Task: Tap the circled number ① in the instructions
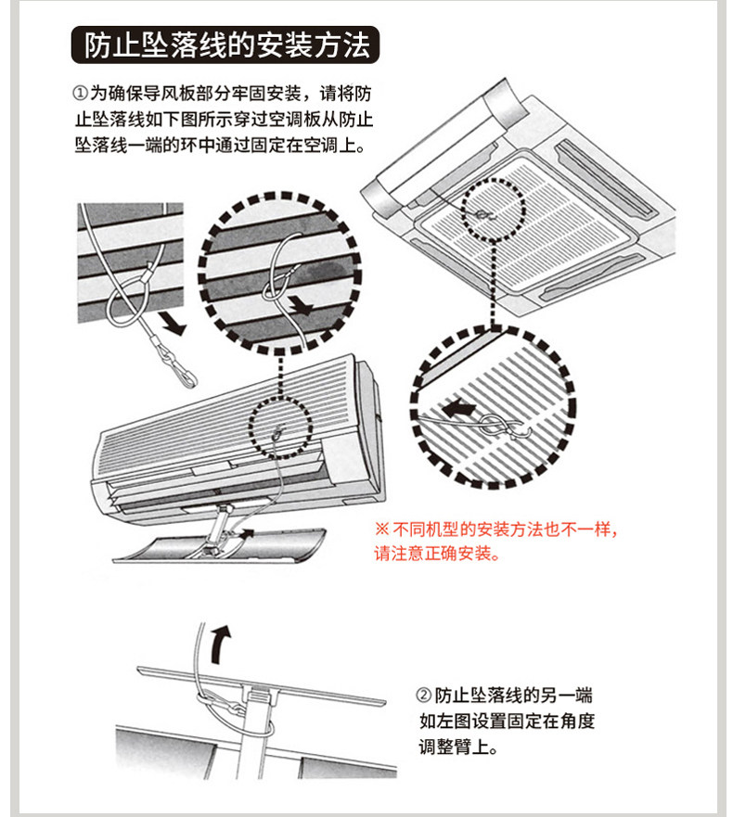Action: click(78, 95)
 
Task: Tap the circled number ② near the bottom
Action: click(423, 696)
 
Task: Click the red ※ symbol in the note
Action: click(381, 530)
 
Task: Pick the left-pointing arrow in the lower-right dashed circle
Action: click(457, 408)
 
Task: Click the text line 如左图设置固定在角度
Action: click(506, 721)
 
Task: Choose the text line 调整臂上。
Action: click(458, 747)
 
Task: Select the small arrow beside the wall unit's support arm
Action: click(246, 533)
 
